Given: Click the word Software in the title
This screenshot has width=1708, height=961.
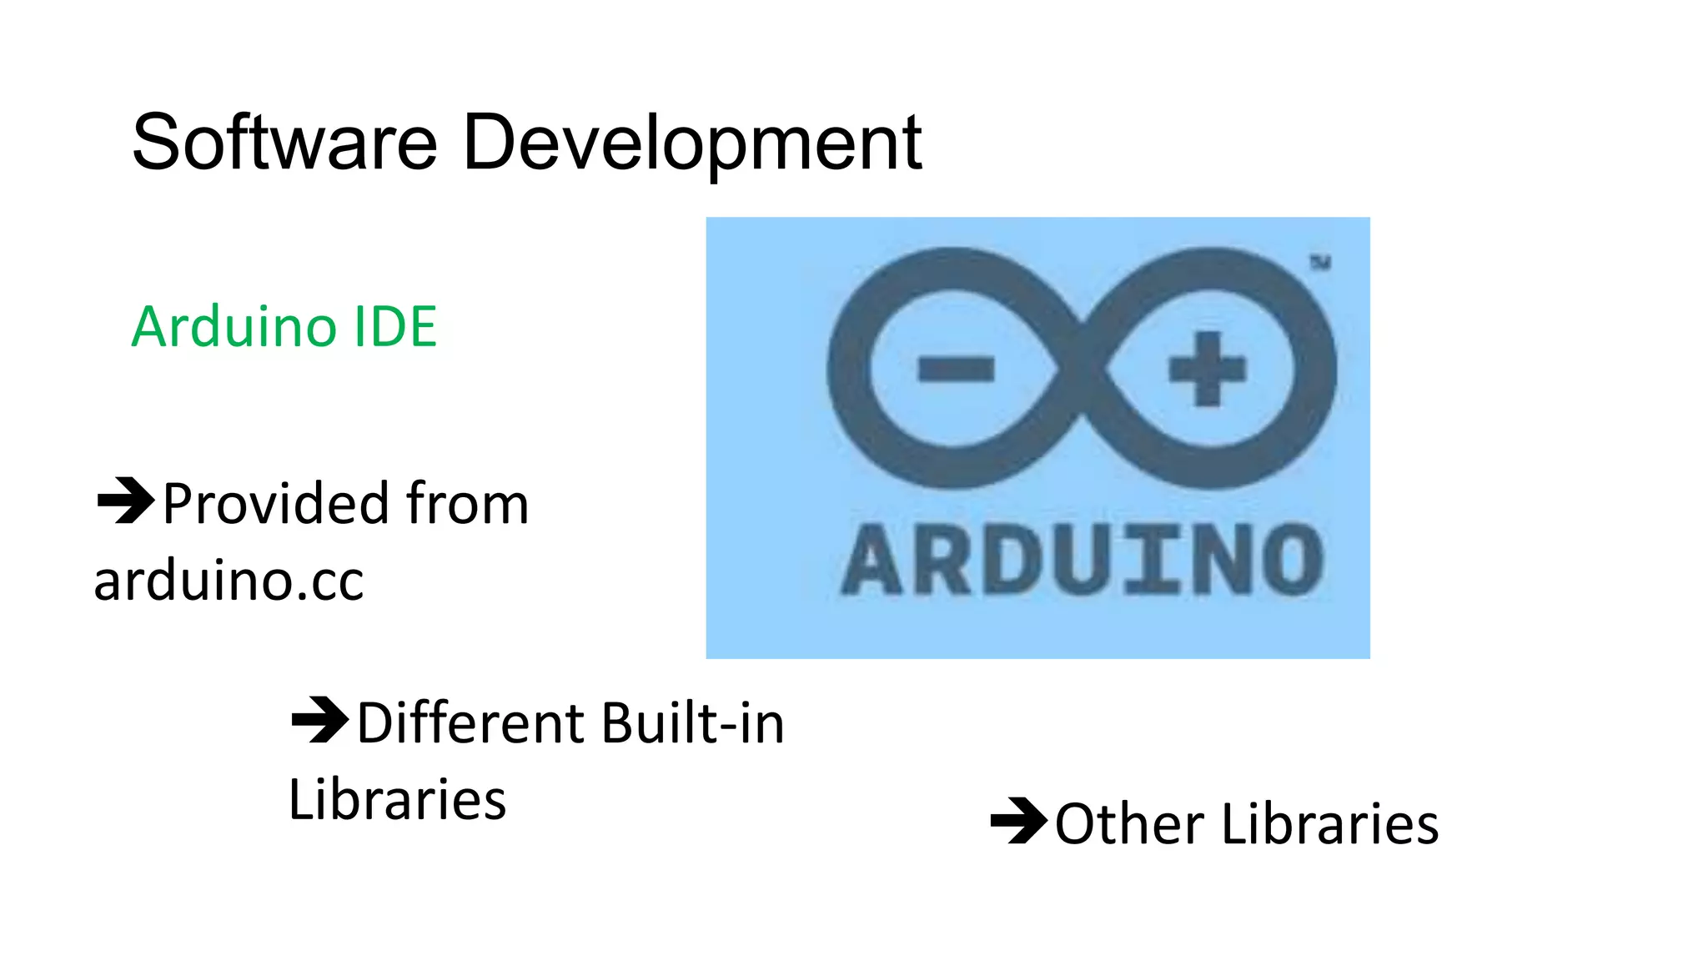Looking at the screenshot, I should [x=284, y=143].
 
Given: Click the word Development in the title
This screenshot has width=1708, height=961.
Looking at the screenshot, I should [x=691, y=144].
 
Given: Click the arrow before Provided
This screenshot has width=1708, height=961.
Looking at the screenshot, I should [x=126, y=501].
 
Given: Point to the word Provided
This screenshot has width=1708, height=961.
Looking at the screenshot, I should [x=275, y=504].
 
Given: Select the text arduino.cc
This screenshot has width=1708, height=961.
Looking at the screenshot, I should [x=229, y=581].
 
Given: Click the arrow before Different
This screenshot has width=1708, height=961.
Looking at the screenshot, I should [x=319, y=719].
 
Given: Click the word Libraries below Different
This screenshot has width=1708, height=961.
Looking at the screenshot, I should [x=397, y=799].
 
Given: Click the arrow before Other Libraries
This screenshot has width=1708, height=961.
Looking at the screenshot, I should [x=1018, y=821].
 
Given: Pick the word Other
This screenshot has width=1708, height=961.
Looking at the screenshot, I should [x=1128, y=824].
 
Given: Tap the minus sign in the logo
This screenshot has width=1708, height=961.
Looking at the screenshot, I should [x=956, y=369].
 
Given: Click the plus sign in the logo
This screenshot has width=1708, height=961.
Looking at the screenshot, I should [x=1207, y=369].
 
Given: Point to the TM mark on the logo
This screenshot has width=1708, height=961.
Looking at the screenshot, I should [x=1319, y=263].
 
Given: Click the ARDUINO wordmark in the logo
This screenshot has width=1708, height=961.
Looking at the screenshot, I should [x=1082, y=560].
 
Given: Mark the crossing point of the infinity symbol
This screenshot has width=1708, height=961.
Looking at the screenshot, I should [x=1082, y=369].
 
